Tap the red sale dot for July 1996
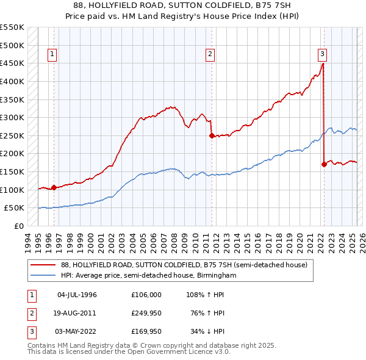click(x=54, y=187)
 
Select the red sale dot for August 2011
click(x=211, y=136)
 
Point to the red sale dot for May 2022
click(x=324, y=164)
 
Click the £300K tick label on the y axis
click(x=12, y=117)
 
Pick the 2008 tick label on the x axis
click(x=174, y=239)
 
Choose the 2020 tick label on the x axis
click(x=299, y=239)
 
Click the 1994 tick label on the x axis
click(x=28, y=239)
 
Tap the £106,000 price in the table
click(x=146, y=295)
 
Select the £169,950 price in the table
click(x=146, y=331)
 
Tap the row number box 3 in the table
click(x=30, y=331)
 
